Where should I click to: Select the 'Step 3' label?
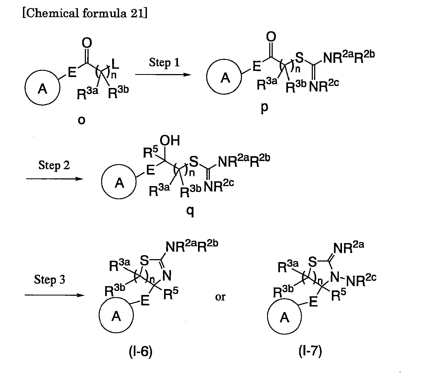[50, 280]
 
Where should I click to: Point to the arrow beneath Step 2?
[55, 178]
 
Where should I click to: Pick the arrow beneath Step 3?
[54, 295]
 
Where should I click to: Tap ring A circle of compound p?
[225, 78]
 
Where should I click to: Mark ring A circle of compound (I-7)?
[284, 317]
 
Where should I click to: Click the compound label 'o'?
[81, 121]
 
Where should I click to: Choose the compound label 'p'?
[264, 108]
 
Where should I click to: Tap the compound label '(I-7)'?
[310, 352]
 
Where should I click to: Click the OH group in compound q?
[170, 141]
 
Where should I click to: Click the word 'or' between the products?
[220, 297]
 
